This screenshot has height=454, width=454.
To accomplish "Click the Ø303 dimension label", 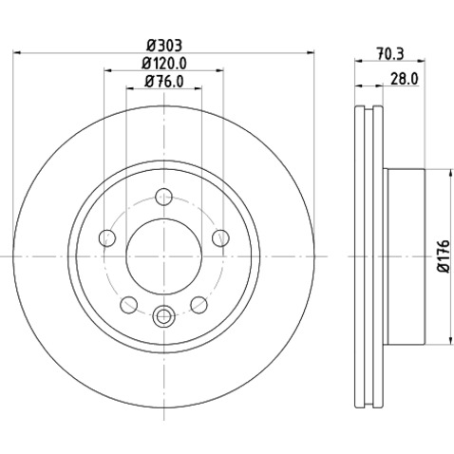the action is [164, 46].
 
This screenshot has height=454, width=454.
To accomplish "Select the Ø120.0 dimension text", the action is [164, 64].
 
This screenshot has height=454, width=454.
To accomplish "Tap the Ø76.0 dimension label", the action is [164, 82].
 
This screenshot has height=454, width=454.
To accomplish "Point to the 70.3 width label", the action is [390, 53].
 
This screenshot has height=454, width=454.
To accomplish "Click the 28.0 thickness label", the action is [405, 79].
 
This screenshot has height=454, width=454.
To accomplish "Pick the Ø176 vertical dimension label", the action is [443, 256].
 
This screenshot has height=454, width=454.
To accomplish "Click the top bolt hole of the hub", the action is [163, 197].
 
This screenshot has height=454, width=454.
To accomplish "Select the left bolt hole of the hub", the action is [107, 238].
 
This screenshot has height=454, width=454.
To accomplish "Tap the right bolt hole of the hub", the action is [220, 238].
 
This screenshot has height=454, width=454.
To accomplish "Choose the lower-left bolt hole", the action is [129, 305].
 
